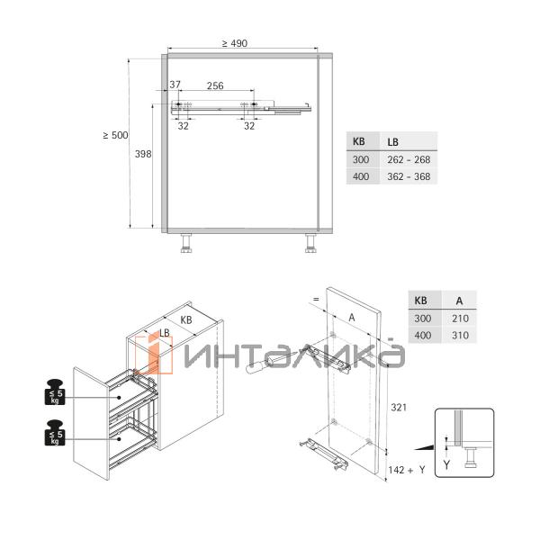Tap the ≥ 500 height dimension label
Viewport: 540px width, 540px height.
(115, 135)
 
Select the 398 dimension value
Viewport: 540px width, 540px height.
(143, 154)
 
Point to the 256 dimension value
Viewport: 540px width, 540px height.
(215, 85)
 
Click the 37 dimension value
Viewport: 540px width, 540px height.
(175, 85)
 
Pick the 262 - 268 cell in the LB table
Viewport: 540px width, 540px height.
(409, 159)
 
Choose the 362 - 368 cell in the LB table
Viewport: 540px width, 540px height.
(409, 176)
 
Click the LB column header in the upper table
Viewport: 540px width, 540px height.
(393, 142)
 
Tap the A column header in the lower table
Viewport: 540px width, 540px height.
(459, 301)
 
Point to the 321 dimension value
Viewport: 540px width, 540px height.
(400, 408)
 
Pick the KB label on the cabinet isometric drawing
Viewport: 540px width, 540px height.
(186, 319)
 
